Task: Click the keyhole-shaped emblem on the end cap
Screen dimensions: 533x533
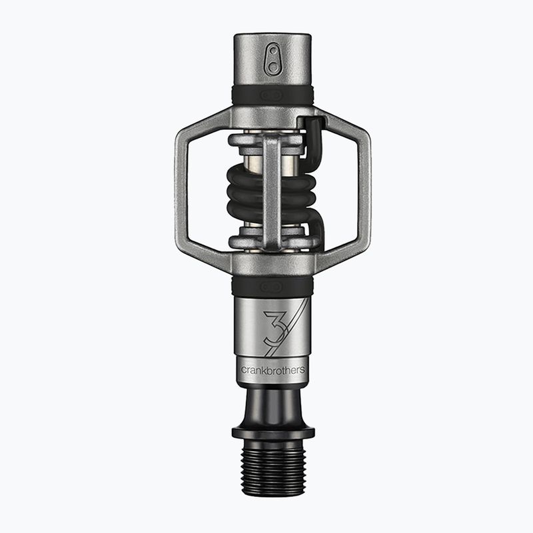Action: pos(272,60)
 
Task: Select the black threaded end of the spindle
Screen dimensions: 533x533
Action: pos(272,470)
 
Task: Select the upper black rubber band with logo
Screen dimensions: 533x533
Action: pos(272,95)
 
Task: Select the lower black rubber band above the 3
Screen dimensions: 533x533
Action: pos(272,286)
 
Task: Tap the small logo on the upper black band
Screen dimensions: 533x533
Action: pos(272,96)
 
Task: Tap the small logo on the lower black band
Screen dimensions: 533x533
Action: pos(272,287)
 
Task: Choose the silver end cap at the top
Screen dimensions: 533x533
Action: pos(272,60)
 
